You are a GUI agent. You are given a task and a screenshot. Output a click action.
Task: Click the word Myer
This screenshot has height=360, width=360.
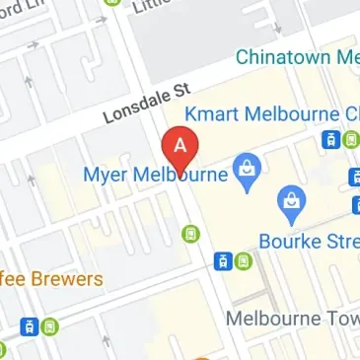107,175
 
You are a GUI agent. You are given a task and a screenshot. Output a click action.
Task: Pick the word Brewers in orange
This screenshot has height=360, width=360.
66,279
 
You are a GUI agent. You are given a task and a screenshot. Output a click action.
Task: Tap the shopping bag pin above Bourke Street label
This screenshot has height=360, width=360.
292,204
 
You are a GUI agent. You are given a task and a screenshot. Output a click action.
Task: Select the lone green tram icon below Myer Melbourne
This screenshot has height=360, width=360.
191,234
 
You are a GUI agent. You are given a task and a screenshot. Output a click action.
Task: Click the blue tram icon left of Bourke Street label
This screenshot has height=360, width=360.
225,261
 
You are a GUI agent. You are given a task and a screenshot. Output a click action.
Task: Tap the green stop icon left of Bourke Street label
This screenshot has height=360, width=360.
244,261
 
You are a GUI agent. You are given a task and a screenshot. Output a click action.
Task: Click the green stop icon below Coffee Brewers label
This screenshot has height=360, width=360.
47,326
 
